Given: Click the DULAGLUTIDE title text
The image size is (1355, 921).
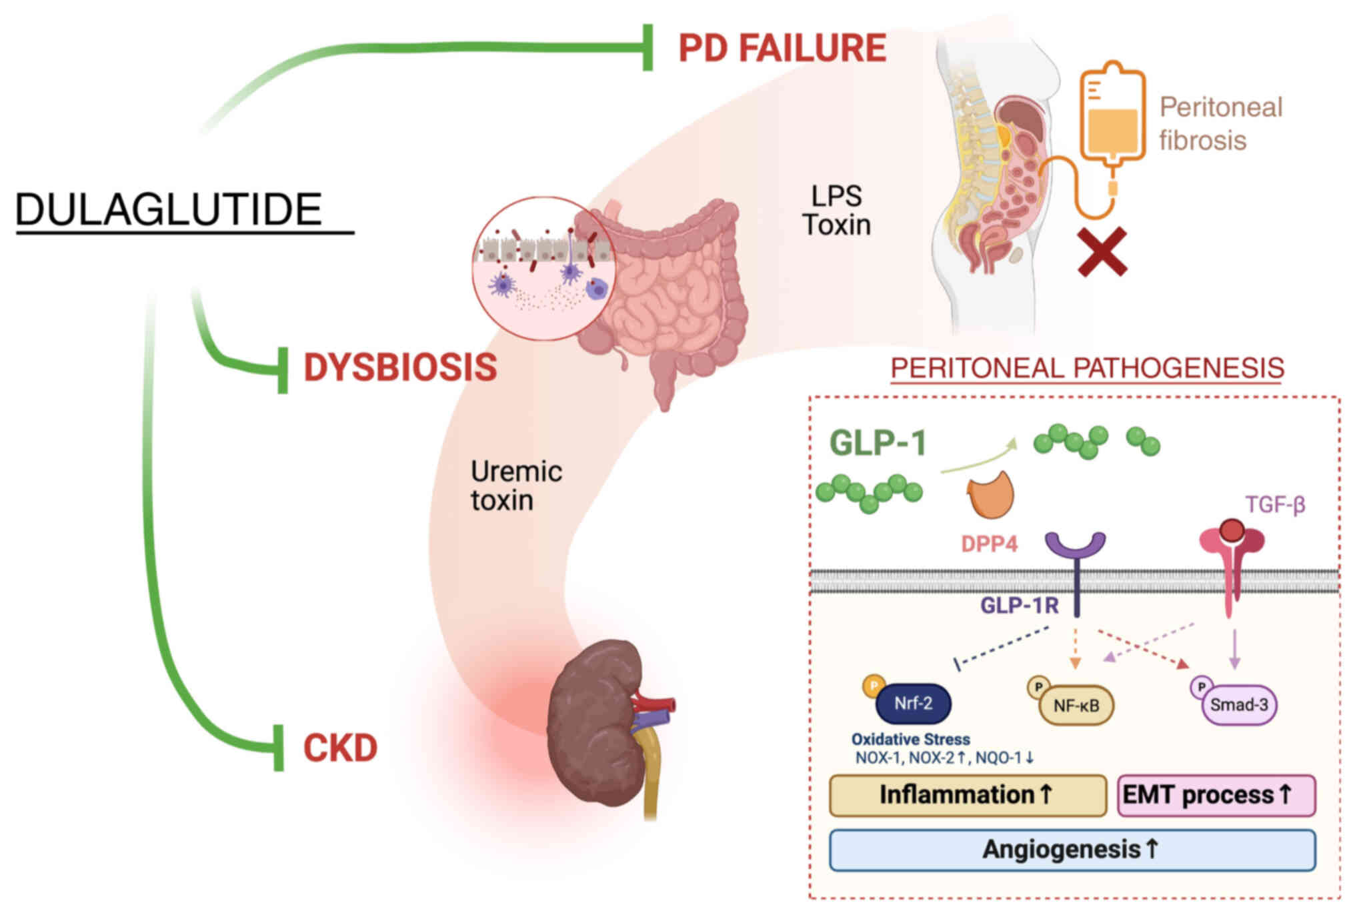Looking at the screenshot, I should click(x=169, y=209).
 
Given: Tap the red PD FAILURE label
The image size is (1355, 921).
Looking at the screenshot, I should click(x=782, y=49).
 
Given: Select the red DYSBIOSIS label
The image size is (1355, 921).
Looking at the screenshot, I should click(x=400, y=367).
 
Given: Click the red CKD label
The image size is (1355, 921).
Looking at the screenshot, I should click(x=340, y=748).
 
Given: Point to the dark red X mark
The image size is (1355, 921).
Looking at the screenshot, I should click(x=1102, y=252).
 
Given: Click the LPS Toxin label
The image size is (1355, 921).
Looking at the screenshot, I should click(x=836, y=211).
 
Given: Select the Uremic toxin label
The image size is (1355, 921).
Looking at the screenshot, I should click(x=515, y=486).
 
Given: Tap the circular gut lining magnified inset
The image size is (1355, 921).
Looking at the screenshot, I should click(x=543, y=269).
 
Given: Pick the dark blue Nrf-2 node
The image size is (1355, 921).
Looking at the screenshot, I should click(x=912, y=704).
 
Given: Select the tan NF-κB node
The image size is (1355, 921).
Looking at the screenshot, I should click(x=1076, y=706).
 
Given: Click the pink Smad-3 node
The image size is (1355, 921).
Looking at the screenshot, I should click(x=1238, y=705).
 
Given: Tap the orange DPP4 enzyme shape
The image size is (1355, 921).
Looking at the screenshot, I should click(x=991, y=496).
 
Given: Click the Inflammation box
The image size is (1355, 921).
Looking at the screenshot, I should click(x=967, y=795).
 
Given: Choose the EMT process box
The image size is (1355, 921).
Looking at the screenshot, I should click(x=1215, y=795).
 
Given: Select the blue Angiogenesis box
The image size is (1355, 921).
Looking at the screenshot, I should click(x=1072, y=850).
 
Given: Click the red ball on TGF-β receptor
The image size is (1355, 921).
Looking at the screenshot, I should click(x=1232, y=531).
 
